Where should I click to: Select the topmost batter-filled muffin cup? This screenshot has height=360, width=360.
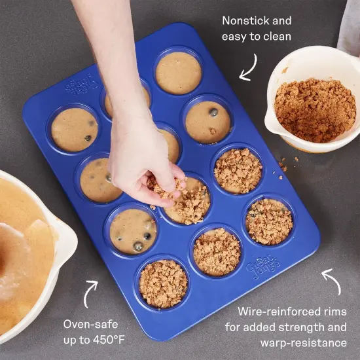click(178, 73)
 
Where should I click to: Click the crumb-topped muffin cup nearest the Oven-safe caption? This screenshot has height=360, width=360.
click(163, 283)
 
